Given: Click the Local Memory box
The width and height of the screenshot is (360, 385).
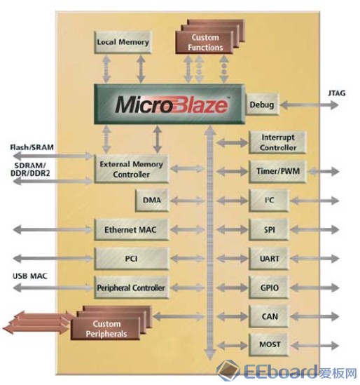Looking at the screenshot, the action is [x=123, y=42].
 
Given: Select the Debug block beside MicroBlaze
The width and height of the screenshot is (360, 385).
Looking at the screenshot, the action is [x=262, y=104].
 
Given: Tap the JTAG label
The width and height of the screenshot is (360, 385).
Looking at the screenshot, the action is [x=337, y=93].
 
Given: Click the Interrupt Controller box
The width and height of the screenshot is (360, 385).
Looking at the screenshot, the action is [x=277, y=142].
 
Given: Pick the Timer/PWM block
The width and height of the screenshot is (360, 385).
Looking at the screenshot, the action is [x=277, y=171].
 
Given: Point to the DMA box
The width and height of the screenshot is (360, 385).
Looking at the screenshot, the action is [x=152, y=201].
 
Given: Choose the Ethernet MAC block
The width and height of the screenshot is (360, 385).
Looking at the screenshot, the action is [x=132, y=229].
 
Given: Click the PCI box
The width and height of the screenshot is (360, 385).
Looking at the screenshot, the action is [x=132, y=259].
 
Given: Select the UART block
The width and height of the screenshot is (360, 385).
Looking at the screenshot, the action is [x=268, y=259].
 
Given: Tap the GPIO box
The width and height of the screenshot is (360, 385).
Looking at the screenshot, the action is [x=268, y=288].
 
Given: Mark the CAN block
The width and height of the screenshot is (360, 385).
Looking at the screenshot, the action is [x=268, y=316].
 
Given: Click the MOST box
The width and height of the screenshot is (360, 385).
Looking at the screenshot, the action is [x=268, y=345].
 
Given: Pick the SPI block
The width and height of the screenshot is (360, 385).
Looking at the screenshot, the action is [x=268, y=229].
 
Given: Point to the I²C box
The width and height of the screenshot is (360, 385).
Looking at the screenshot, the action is [x=268, y=201].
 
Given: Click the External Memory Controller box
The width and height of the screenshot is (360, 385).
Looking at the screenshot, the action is [x=132, y=169].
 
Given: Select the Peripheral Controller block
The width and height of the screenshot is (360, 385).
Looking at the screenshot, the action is [x=132, y=288].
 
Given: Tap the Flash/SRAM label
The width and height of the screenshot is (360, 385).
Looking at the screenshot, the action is [x=32, y=147].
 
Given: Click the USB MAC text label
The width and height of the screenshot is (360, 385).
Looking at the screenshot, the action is [x=30, y=276].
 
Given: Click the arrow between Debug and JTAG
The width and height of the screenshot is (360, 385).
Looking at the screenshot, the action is [x=309, y=105].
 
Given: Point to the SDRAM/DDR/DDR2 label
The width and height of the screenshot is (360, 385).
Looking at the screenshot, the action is [x=30, y=170].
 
